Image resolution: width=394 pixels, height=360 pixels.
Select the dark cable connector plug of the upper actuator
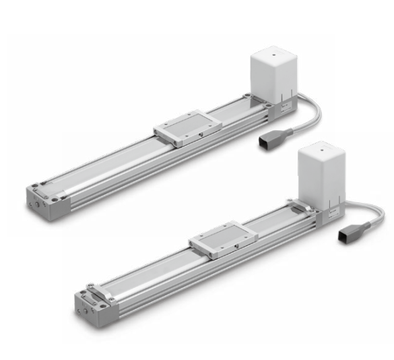(x=266, y=142)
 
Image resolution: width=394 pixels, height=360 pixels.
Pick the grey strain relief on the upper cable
(x=284, y=132)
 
